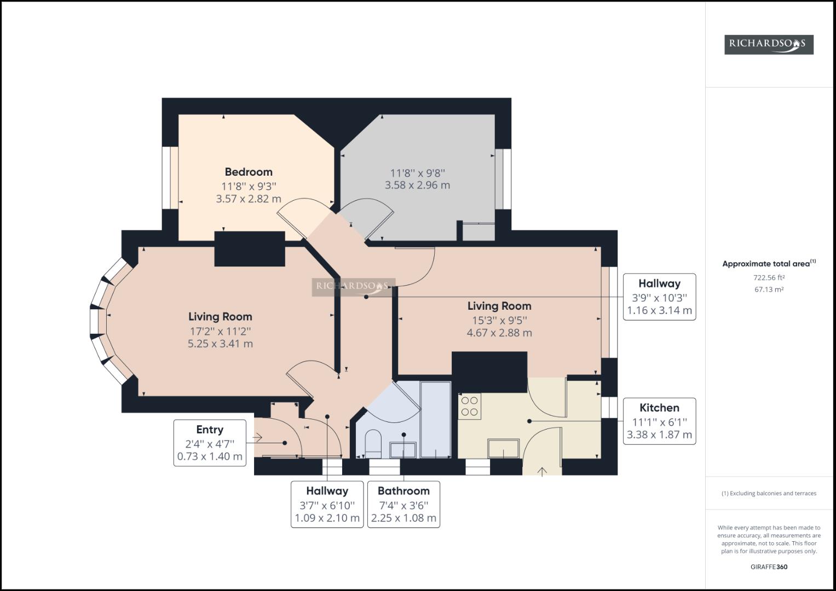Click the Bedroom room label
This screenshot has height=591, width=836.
pos(249,172)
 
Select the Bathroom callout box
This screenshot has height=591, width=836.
pos(403,505)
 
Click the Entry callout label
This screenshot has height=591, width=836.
pos(210,430)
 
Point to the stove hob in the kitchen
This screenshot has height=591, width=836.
pos(470,406)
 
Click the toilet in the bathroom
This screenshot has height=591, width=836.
pos(372,444)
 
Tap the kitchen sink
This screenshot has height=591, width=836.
pos(503,449)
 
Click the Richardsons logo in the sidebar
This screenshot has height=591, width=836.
pos(769,45)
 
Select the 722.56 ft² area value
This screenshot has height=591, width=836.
pos(769,277)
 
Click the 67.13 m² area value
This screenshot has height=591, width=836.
pos(769,289)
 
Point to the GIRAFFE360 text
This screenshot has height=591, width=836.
pos(769,567)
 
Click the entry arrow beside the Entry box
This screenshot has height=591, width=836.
pos(257,437)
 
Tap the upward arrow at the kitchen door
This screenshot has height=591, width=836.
pos(542,472)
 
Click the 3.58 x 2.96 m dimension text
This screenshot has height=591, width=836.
pos(417,185)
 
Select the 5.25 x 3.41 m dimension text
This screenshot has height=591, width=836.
pos(220,344)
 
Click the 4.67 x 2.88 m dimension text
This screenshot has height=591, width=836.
pos(499,333)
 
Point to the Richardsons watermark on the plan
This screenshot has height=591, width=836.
pos(354,287)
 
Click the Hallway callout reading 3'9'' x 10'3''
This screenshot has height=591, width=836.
pos(660,297)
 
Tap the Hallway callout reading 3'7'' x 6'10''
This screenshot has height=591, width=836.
pos(327,505)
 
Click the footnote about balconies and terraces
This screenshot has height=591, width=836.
pos(769,493)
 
